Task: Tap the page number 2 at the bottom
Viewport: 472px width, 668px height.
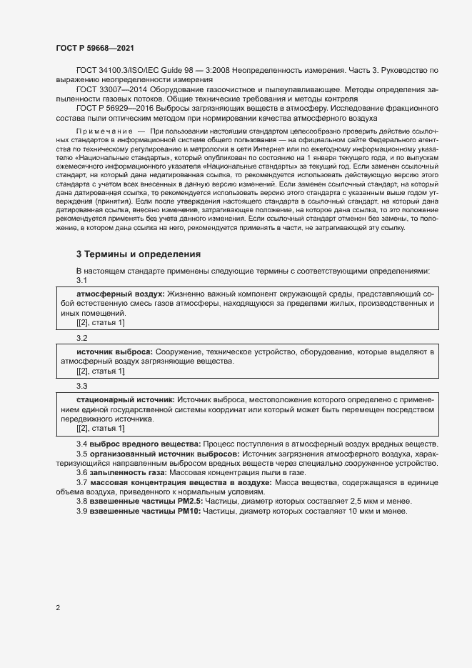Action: pyautogui.click(x=58, y=608)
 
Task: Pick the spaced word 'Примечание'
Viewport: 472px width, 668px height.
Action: pyautogui.click(x=101, y=133)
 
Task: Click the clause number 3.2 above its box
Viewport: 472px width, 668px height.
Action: pyautogui.click(x=81, y=337)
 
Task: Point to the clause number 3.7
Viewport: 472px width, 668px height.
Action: pyautogui.click(x=81, y=483)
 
